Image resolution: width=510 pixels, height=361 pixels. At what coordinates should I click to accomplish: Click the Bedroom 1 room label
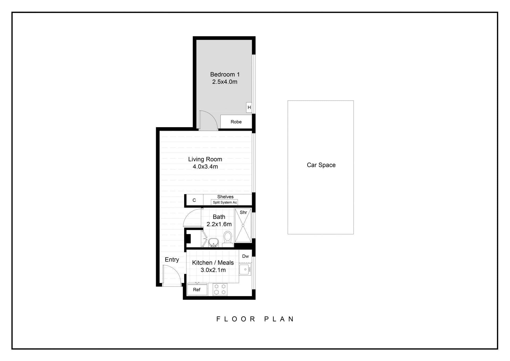[x=225, y=74]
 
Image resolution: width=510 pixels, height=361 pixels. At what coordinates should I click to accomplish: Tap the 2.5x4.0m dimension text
[x=225, y=82]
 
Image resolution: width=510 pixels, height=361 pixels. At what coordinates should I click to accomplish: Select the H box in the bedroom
[x=249, y=107]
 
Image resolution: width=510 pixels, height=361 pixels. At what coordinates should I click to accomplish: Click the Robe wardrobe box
[x=236, y=122]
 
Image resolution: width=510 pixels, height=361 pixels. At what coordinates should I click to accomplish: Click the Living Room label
[x=205, y=159]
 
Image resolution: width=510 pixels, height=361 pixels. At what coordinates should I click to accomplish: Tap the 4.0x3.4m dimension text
[x=205, y=167]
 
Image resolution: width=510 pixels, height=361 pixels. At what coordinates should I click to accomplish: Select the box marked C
[x=194, y=200]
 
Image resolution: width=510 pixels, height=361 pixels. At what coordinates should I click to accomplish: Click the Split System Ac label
[x=225, y=202]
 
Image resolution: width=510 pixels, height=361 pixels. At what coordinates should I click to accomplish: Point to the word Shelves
[x=225, y=197]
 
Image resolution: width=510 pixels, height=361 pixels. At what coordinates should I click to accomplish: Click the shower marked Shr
[x=243, y=225]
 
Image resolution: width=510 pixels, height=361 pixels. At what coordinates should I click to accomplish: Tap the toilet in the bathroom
[x=228, y=237]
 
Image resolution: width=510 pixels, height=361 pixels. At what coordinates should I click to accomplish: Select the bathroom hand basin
[x=213, y=242]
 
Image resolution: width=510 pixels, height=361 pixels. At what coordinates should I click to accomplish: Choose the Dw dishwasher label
[x=245, y=256]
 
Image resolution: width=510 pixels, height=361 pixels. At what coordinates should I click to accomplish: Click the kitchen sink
[x=245, y=269]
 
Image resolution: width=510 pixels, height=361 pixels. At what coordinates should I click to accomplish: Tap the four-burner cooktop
[x=220, y=289]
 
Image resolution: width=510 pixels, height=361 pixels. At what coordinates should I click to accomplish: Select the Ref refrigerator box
[x=197, y=289]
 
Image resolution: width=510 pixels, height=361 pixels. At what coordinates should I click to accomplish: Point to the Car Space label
[x=321, y=165]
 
